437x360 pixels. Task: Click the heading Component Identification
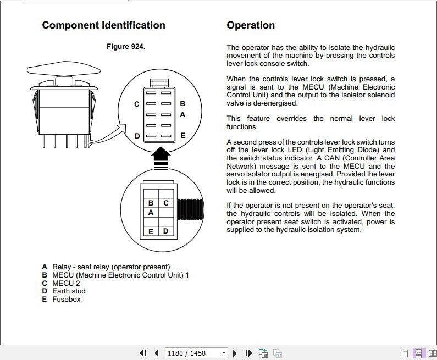pos(103,25)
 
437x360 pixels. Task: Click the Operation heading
pos(251,25)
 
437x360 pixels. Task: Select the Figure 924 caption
pos(126,47)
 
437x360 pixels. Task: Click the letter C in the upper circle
pos(137,104)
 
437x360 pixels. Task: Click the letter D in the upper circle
pos(137,136)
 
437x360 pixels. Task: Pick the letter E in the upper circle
pos(182,135)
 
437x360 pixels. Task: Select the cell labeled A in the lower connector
pos(151,212)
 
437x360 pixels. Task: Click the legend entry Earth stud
pos(69,291)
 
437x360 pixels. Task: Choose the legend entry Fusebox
pos(66,300)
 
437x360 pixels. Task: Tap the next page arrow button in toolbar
pos(235,353)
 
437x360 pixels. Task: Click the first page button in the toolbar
pos(143,353)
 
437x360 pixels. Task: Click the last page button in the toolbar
pos(248,353)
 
